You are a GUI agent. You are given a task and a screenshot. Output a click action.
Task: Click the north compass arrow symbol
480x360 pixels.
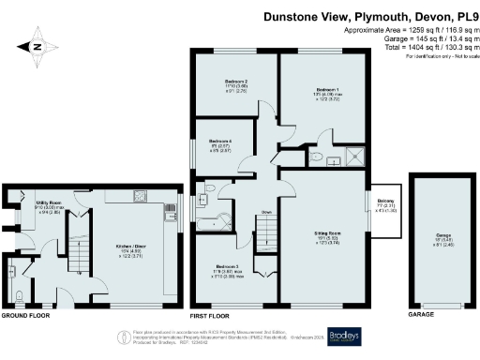(x=36, y=44)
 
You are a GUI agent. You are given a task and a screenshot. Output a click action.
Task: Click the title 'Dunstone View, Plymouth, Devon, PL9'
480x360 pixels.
(x=368, y=16)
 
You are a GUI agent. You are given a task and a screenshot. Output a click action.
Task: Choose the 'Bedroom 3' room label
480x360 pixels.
(x=225, y=267)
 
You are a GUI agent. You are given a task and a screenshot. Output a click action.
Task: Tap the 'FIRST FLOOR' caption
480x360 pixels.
(x=210, y=315)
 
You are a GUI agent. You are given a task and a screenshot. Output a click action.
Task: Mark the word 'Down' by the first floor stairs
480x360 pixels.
(x=266, y=212)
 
